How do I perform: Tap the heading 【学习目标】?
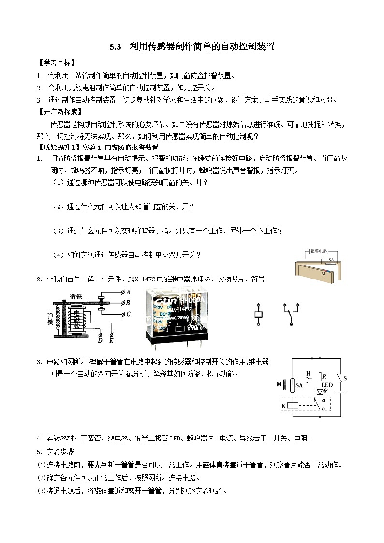pos(57,63)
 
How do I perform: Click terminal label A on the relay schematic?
pos(128,292)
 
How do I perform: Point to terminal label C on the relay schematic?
pos(128,314)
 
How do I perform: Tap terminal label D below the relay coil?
pos(100,340)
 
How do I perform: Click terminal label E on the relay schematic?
pos(112,340)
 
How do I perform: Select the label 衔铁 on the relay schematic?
pos(76,295)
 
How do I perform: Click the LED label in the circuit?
pos(327,385)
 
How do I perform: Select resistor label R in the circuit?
pos(325,376)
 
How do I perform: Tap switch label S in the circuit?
pos(345,377)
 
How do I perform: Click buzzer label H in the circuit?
pos(308,373)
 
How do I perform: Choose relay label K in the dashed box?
pos(283,406)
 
